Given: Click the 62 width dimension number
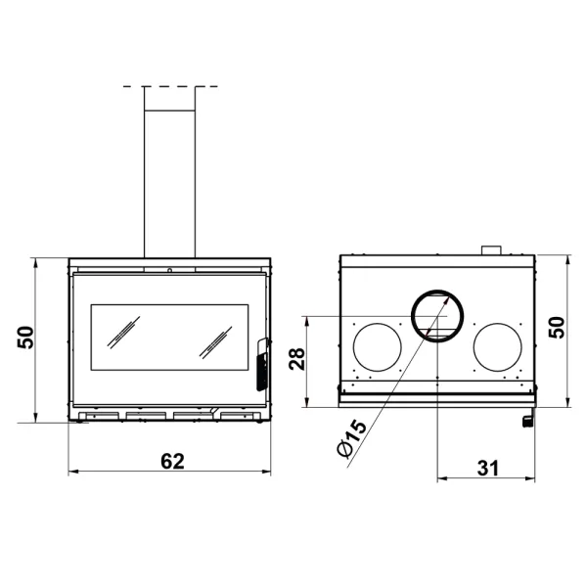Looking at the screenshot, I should pos(171,463).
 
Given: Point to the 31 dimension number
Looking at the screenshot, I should pos(487,467).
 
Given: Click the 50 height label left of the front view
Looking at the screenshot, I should pos(26,337).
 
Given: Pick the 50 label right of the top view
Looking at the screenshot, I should pos(557,327).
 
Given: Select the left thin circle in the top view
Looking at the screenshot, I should pos(377,347).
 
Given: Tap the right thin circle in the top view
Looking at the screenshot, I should pos(498,347).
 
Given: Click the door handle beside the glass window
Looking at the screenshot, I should pos(261,363).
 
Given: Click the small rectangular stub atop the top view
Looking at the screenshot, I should pos(491,251).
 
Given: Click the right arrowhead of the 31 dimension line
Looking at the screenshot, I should pos(533,479).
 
